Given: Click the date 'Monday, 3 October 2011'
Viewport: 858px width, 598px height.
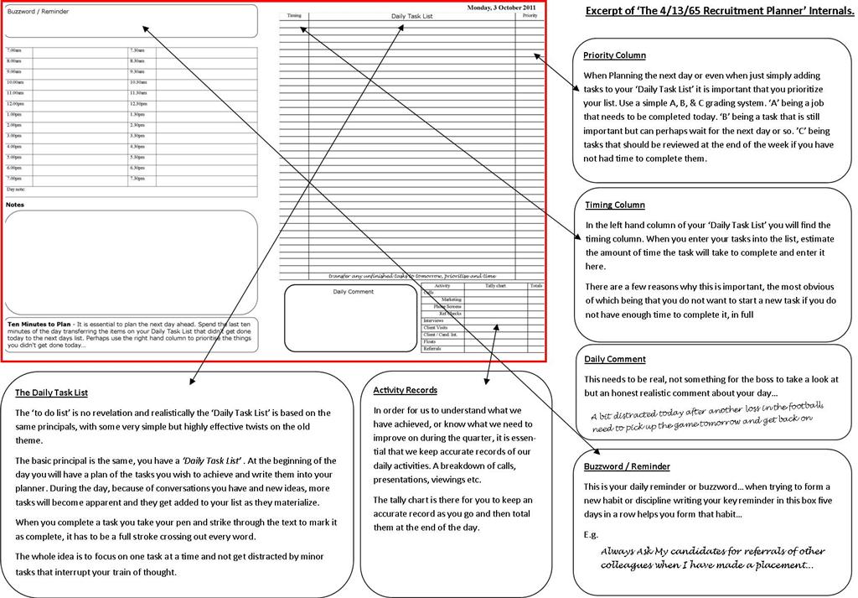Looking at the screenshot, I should point(503,7).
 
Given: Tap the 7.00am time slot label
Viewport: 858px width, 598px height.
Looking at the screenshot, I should point(14,51).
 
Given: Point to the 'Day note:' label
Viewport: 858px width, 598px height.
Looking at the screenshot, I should point(17,190).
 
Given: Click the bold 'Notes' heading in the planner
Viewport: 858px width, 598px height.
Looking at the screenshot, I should point(15,205).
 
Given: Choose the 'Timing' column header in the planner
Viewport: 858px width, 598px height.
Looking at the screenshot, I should point(293,16).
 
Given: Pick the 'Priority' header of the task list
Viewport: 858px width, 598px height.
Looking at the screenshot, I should point(530,16).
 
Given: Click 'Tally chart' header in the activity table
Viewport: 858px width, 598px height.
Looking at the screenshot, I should point(495,286).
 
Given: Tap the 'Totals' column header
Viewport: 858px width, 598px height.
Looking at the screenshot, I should point(536,286).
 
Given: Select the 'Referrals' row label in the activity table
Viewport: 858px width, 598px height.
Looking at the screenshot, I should point(432,348).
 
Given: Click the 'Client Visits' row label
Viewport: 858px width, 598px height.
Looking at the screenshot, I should point(436,327).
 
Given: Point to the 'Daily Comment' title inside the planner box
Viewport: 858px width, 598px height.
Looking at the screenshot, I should point(353,292).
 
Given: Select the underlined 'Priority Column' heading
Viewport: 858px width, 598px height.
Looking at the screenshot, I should point(614,55).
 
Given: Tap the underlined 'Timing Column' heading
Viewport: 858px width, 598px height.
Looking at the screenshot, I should point(615,205).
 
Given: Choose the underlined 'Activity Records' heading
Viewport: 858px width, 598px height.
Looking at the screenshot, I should point(406,390).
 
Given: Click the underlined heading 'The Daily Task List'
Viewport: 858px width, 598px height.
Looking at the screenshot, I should point(52,393).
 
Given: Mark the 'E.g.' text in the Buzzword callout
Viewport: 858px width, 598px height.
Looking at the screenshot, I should point(592,533).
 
